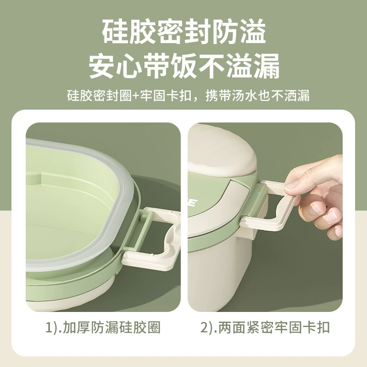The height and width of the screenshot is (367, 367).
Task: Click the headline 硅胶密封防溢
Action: point(184,32)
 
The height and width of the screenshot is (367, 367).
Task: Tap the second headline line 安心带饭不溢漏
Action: point(184,66)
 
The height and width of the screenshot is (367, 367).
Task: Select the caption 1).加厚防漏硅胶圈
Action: point(103,327)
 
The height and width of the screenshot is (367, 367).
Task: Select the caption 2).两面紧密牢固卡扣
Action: point(265,327)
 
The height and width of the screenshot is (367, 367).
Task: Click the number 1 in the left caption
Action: point(49,327)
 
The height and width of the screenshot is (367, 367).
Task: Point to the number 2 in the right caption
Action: point(205,327)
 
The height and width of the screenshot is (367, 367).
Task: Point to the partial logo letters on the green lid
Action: point(192,203)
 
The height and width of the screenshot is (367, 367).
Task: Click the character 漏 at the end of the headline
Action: point(267,66)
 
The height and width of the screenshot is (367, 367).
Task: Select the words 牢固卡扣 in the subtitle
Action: point(166,95)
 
